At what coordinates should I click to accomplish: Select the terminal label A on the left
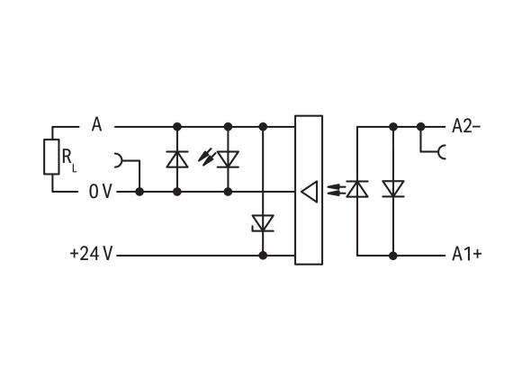(x=96, y=126)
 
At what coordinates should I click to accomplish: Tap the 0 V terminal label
(x=101, y=192)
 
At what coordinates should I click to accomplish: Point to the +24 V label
(x=91, y=255)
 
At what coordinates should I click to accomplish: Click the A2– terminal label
(x=466, y=126)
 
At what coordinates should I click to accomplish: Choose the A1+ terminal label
(x=466, y=255)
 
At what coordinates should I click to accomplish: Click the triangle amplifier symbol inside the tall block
(x=309, y=191)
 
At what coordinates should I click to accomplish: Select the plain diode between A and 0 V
(x=177, y=159)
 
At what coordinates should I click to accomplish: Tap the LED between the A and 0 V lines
(x=229, y=159)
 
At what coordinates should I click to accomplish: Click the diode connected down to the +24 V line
(x=263, y=221)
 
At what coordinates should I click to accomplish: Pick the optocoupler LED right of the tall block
(x=357, y=189)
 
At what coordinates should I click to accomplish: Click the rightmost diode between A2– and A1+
(x=392, y=189)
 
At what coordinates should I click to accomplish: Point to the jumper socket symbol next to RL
(x=119, y=161)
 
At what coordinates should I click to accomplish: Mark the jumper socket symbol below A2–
(x=440, y=154)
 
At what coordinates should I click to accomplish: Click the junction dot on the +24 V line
(x=263, y=256)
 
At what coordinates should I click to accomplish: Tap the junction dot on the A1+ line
(x=392, y=256)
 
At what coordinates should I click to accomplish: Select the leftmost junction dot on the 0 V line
(x=139, y=192)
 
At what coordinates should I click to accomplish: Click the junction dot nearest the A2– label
(x=420, y=127)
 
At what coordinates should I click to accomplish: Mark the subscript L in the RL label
(x=75, y=166)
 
